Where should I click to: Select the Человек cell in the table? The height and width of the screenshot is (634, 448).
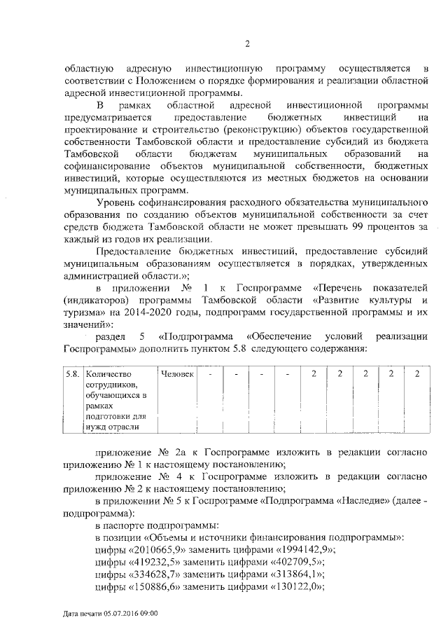(177, 373)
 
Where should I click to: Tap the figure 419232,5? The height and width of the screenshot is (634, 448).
(155, 562)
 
